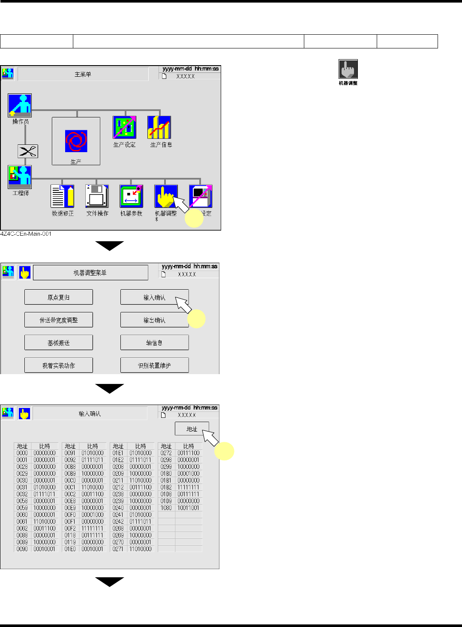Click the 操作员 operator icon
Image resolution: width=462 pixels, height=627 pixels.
pos(20,105)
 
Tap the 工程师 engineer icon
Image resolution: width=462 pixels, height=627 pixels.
pos(20,177)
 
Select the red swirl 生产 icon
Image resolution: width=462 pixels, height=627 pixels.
pos(76,141)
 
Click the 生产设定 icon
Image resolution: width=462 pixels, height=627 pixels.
pos(124,127)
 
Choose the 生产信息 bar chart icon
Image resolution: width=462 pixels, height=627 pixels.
pos(159,127)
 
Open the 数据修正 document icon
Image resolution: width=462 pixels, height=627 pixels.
pos(63,196)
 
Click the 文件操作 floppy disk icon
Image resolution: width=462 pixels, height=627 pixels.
pos(97,196)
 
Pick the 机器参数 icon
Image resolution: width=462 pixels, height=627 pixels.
pos(131,196)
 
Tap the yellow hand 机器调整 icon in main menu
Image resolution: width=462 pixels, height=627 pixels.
pos(166,196)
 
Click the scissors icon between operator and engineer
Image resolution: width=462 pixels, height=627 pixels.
pos(28,151)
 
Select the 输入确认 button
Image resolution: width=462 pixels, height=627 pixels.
pos(154,297)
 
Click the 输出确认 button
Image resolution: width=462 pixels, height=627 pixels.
pos(154,320)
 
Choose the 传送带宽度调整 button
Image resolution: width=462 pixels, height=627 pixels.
pos(59,320)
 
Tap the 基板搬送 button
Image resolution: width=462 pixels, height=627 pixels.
pos(59,343)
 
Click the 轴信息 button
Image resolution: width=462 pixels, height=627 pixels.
pos(154,343)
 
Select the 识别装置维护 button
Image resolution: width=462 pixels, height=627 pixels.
pos(154,366)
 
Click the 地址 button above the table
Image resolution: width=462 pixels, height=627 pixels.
pos(192,429)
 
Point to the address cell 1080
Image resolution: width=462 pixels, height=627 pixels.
pos(166,508)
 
